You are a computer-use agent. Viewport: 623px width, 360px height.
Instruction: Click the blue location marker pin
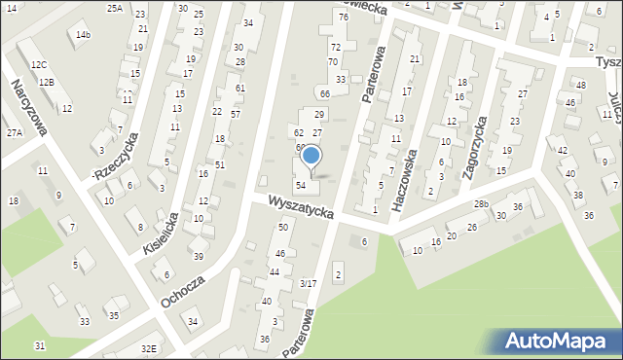[311, 157]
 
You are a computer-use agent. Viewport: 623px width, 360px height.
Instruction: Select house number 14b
[84, 35]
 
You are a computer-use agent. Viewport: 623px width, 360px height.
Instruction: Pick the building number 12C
[38, 64]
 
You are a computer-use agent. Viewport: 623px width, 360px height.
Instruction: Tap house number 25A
[115, 8]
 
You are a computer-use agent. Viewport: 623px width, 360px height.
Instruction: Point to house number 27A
[14, 132]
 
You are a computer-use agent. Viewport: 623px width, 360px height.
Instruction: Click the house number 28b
[481, 204]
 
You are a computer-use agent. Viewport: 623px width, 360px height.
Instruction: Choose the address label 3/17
[308, 283]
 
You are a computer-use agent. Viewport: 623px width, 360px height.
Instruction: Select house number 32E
[148, 348]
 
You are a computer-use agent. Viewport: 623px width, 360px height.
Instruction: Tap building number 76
[343, 18]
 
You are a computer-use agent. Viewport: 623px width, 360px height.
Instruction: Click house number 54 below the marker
[302, 185]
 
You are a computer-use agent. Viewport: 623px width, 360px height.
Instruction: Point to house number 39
[198, 256]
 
